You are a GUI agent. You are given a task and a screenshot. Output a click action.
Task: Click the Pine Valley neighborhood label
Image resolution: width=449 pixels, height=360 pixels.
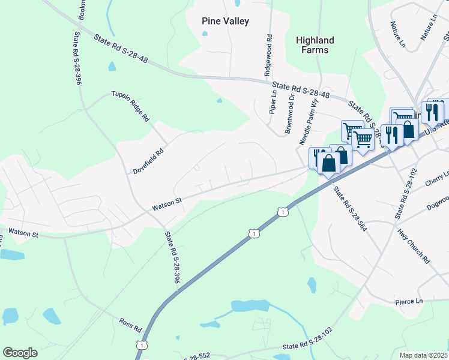pyautogui.click(x=224, y=21)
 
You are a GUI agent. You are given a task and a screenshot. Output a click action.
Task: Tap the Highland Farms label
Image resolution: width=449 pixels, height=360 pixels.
pyautogui.click(x=315, y=45)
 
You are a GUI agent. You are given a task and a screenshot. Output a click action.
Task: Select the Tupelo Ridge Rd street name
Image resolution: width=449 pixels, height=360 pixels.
pyautogui.click(x=130, y=107)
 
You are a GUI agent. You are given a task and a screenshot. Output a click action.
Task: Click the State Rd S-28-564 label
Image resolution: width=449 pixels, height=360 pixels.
pyautogui.click(x=350, y=209)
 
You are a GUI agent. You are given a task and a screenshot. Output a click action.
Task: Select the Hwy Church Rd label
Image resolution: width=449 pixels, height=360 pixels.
pyautogui.click(x=415, y=245)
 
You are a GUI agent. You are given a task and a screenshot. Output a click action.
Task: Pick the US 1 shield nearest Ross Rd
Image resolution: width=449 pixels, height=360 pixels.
pyautogui.click(x=140, y=344)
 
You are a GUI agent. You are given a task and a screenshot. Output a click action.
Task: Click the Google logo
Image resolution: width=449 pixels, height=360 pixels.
pyautogui.click(x=20, y=353)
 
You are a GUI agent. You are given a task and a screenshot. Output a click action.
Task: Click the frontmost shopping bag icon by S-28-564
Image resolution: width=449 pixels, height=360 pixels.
pyautogui.click(x=329, y=163)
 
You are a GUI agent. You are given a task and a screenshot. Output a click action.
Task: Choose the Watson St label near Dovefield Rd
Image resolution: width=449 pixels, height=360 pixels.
pyautogui.click(x=167, y=203)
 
